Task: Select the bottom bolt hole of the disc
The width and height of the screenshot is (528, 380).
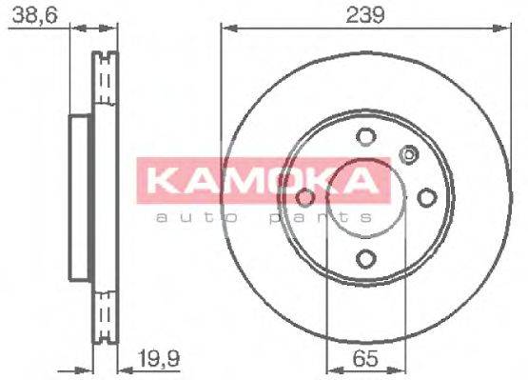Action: click(365, 257)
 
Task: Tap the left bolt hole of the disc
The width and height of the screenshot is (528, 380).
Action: click(305, 197)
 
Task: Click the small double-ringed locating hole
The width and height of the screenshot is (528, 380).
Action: click(409, 153)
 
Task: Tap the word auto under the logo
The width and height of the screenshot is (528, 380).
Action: click(195, 218)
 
